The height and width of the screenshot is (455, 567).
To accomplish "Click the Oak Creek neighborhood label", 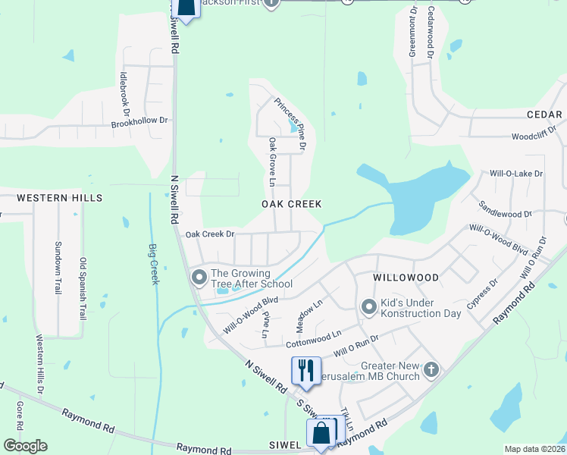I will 292,204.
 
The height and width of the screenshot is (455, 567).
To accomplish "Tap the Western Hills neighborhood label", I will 60,198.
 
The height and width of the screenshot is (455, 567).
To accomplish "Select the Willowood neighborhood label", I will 406,278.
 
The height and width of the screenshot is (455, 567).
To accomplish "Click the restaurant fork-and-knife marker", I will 304,370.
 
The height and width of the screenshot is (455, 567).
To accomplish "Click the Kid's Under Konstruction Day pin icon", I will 369,307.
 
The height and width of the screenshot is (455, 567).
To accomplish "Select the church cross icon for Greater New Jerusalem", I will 431,370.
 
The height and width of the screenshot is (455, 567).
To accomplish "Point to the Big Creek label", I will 154,263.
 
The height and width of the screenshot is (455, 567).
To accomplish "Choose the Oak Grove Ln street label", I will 271,162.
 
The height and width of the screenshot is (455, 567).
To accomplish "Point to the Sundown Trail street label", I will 57,267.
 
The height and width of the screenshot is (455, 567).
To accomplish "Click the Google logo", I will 25,446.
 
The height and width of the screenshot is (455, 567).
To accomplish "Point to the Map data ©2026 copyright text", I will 534,449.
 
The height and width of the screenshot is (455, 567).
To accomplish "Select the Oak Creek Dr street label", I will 210,234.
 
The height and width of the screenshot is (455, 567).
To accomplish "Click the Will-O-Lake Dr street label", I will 516,174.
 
